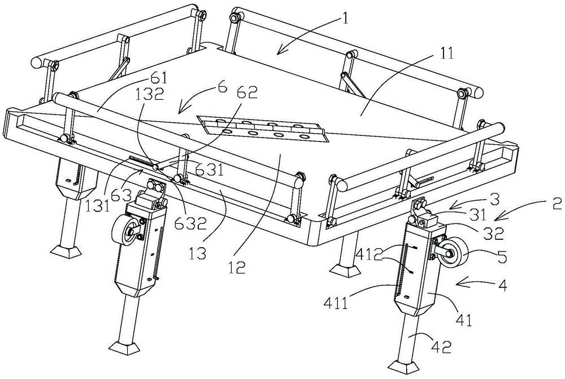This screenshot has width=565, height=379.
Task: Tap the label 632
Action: click(x=190, y=224)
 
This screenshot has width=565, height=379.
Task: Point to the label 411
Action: click(x=336, y=303)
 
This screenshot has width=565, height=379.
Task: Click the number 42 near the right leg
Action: click(x=441, y=347)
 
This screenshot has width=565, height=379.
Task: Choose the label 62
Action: click(x=247, y=92)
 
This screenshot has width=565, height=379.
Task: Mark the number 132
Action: click(x=150, y=94)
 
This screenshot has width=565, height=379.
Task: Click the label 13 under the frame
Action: click(x=197, y=253)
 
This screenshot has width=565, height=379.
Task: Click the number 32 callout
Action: click(x=493, y=233)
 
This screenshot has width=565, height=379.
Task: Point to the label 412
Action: click(x=370, y=255)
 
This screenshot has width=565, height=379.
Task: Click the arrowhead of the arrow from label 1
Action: click(x=279, y=54)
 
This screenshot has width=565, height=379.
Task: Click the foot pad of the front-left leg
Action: click(x=124, y=349)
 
